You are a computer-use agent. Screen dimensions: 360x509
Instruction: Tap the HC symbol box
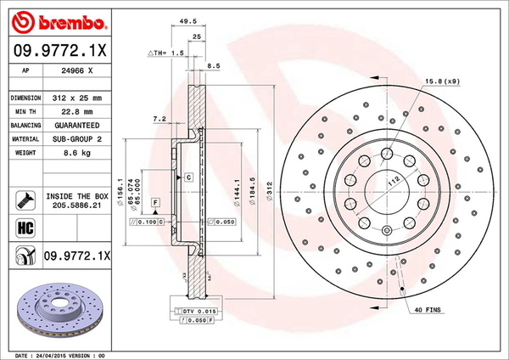tap(25, 228)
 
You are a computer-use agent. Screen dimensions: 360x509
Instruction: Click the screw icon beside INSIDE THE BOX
tap(25, 200)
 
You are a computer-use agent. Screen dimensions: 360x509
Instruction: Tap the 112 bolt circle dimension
tap(392, 182)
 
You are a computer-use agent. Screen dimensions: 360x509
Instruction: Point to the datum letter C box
tap(188, 177)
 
